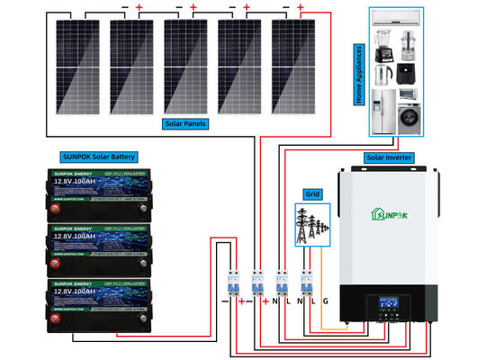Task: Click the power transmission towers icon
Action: click(x=309, y=224)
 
